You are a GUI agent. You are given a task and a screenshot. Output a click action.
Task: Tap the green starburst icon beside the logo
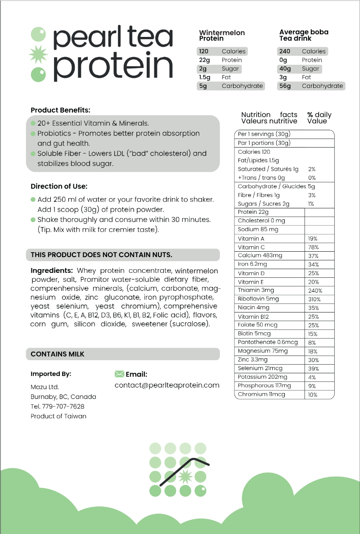(x=39, y=53)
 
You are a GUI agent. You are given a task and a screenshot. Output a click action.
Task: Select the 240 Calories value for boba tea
(x=284, y=51)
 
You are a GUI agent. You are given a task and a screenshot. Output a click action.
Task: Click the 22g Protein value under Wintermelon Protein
(x=205, y=60)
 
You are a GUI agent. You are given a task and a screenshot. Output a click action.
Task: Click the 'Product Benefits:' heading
(x=60, y=110)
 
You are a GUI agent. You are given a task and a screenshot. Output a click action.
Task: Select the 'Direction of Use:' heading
(x=59, y=186)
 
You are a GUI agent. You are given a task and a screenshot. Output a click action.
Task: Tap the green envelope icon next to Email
(x=119, y=374)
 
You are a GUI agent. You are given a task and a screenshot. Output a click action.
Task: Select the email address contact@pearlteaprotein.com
(x=167, y=385)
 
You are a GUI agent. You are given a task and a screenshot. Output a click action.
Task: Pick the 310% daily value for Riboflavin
(x=314, y=299)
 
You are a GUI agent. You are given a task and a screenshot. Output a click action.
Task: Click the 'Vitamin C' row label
(x=251, y=247)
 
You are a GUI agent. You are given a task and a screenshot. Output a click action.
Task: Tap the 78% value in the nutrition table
(x=313, y=248)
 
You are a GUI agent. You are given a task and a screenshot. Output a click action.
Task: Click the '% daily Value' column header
(x=319, y=118)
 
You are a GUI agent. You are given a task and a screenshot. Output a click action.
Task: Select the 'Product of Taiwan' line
(x=58, y=416)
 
